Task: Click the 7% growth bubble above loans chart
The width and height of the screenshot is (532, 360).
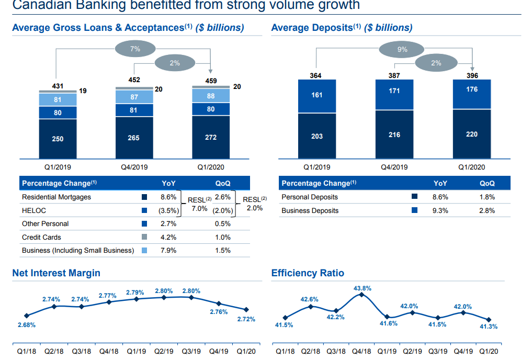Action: [135, 49]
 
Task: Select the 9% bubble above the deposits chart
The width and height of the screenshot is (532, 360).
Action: [402, 50]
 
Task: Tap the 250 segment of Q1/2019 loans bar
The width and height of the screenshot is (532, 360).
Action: [58, 139]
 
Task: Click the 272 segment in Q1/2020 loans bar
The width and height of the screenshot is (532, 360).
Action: [211, 137]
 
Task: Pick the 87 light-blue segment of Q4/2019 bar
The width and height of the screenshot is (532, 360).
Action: [134, 97]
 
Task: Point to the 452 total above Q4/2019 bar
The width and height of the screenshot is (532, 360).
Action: [134, 80]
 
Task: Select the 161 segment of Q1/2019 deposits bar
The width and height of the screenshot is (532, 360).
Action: [317, 95]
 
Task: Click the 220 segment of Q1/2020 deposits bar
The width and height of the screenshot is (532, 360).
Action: [471, 134]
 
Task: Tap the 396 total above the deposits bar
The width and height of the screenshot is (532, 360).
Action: [472, 75]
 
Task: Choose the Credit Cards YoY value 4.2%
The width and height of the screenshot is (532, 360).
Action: [168, 237]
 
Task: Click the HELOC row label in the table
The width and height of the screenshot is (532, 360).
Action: [34, 210]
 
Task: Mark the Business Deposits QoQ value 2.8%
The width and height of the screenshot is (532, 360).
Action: [486, 210]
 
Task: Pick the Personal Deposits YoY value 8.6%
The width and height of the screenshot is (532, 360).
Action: [440, 197]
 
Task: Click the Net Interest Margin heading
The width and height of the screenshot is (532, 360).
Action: [56, 273]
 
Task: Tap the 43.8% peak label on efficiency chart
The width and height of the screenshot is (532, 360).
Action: [362, 288]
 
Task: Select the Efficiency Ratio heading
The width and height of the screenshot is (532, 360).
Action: [308, 273]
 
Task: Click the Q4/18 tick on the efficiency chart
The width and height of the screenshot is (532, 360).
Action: [361, 351]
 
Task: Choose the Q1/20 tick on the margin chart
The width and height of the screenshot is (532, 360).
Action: [246, 351]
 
